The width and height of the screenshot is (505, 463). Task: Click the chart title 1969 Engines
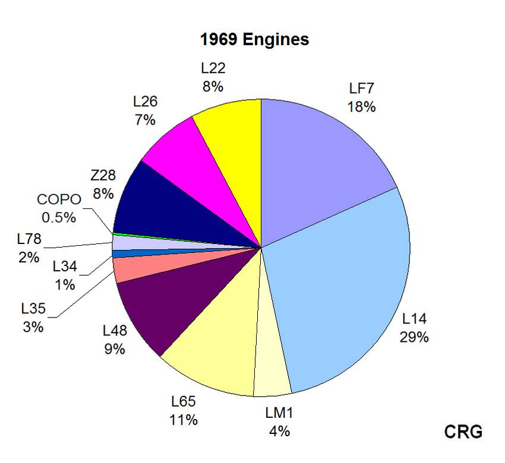point(254,40)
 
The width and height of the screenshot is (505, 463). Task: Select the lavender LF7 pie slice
point(321,154)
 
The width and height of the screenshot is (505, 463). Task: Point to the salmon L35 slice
point(128,269)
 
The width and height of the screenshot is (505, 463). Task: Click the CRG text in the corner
point(463,432)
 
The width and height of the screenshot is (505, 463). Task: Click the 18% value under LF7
point(362,107)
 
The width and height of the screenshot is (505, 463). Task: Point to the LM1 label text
point(279,413)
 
